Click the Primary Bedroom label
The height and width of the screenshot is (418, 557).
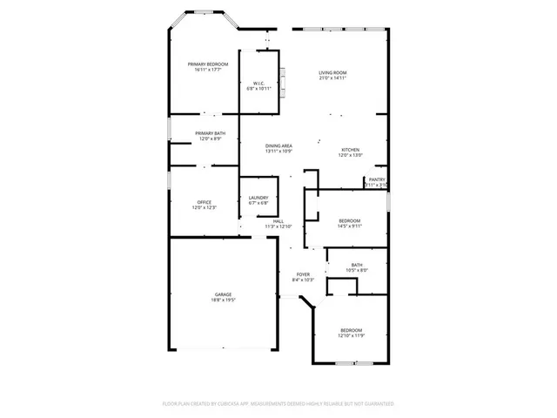(x=210, y=64)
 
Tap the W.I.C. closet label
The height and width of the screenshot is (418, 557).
(x=258, y=83)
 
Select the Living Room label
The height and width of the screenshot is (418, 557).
(x=332, y=72)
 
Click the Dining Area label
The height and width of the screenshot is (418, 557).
(x=278, y=146)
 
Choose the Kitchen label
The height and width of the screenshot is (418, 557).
(x=350, y=150)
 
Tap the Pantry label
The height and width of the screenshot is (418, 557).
(x=376, y=180)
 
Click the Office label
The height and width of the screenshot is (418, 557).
(x=204, y=202)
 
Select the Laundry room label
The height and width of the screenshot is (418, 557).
(x=258, y=198)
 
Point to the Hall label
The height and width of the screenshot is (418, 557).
(x=278, y=221)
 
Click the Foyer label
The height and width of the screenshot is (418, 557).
(x=302, y=274)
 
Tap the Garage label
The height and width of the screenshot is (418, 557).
(x=224, y=294)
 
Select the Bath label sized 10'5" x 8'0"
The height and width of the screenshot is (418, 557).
(x=357, y=265)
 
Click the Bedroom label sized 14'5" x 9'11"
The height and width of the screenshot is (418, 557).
(x=350, y=221)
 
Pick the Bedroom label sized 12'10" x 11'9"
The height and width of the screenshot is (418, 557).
(x=352, y=329)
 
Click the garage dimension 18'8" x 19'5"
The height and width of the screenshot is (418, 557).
(x=224, y=300)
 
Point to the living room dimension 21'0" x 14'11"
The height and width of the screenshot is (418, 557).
(x=332, y=78)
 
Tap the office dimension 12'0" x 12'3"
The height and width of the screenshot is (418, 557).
(x=204, y=208)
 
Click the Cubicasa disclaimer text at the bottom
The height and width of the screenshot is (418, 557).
(x=278, y=404)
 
